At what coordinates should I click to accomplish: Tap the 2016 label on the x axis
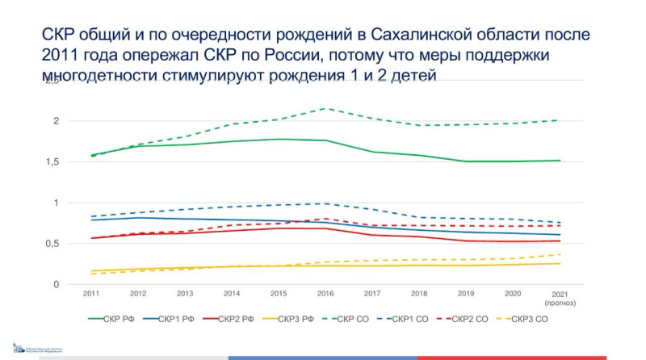tap(325, 293)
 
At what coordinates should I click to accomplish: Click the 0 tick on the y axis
tap(57, 284)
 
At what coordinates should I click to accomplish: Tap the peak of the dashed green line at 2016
tap(325, 108)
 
